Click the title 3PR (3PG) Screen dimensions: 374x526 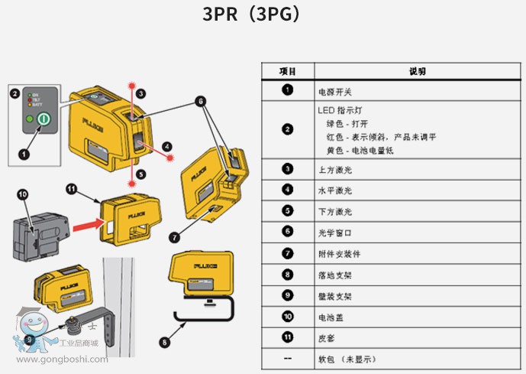pos(251,15)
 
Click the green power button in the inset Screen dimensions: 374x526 pos(43,120)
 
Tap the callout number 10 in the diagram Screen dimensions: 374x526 pos(22,194)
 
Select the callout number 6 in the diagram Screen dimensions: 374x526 pos(200,100)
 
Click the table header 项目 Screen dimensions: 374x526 pos(287,71)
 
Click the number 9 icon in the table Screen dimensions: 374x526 pos(287,294)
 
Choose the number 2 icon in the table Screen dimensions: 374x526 pos(287,129)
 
